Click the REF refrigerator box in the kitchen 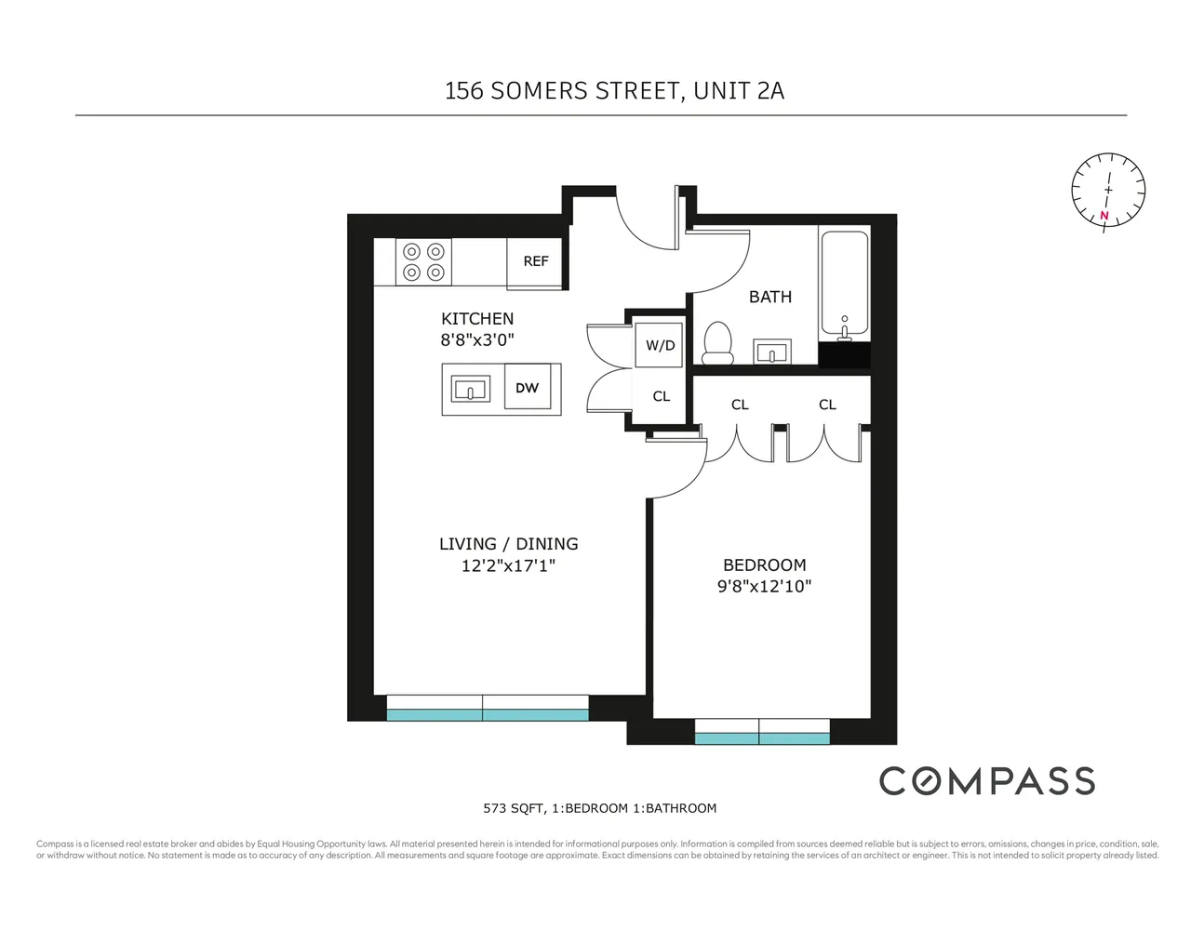(x=536, y=262)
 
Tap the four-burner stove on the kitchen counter (x=423, y=262)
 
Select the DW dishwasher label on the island (x=528, y=389)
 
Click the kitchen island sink (x=471, y=390)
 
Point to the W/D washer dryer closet (x=661, y=346)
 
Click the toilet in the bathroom (x=717, y=342)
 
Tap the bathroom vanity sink (x=771, y=352)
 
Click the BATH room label (x=770, y=298)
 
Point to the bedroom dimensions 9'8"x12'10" (x=764, y=587)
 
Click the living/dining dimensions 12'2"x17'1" (x=508, y=565)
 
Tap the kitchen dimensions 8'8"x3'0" (x=477, y=340)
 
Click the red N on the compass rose (x=1104, y=216)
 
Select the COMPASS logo (x=987, y=781)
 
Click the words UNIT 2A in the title (x=739, y=91)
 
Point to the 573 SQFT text (x=513, y=808)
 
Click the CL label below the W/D (x=661, y=397)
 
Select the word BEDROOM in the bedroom (x=764, y=565)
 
